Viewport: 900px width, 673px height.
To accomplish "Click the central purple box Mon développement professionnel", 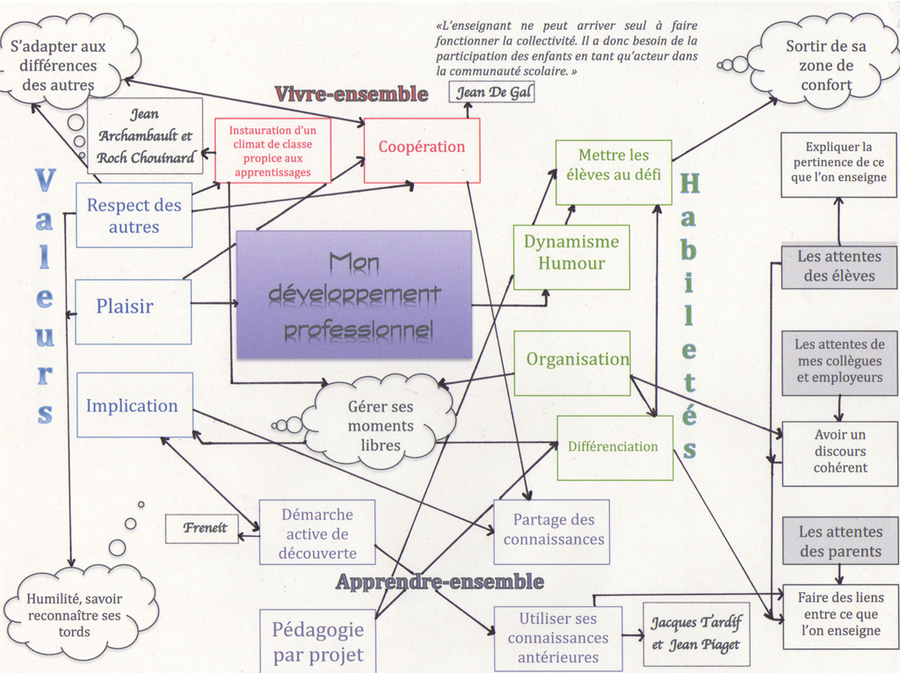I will coord(354,293).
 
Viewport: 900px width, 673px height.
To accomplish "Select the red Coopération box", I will coord(422,150).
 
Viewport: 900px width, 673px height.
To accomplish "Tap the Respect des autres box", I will coord(134,215).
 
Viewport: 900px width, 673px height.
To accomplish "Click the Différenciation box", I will coord(614,447).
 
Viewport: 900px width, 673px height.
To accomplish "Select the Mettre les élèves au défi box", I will coord(613,171).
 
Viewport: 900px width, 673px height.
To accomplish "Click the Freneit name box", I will coord(203,529).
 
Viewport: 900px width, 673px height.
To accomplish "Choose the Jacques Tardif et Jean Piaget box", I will coord(696,633).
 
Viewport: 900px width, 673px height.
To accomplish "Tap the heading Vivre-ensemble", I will coord(352,94).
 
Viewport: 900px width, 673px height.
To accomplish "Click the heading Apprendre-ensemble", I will coord(440,582).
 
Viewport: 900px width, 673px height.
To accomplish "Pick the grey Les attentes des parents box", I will coord(840,540).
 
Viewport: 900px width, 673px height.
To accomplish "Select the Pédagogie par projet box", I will coord(317,641).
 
